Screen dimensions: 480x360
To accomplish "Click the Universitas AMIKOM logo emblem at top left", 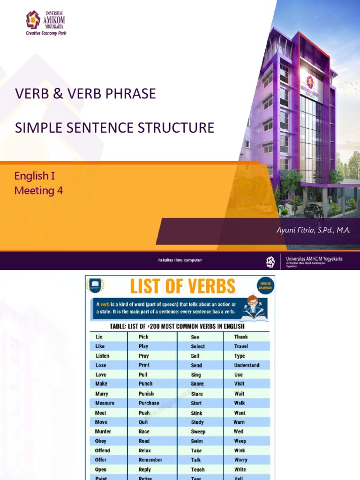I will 33,20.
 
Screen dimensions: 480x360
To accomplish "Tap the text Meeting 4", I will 38,190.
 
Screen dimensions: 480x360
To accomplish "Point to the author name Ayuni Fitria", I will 300,230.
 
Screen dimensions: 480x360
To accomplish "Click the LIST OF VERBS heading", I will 182,286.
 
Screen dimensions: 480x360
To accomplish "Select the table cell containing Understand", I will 247,365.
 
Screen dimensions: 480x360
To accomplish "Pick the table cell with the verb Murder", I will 103,431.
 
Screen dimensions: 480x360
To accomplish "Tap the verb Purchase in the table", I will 149,403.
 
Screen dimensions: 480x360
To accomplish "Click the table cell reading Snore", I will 197,384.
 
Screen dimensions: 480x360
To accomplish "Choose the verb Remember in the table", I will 150,460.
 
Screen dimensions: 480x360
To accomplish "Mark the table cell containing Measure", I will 105,403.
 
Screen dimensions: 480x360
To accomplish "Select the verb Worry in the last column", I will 241,460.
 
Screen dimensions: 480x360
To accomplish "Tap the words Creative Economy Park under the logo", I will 46,33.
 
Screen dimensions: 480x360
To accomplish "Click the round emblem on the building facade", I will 309,80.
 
